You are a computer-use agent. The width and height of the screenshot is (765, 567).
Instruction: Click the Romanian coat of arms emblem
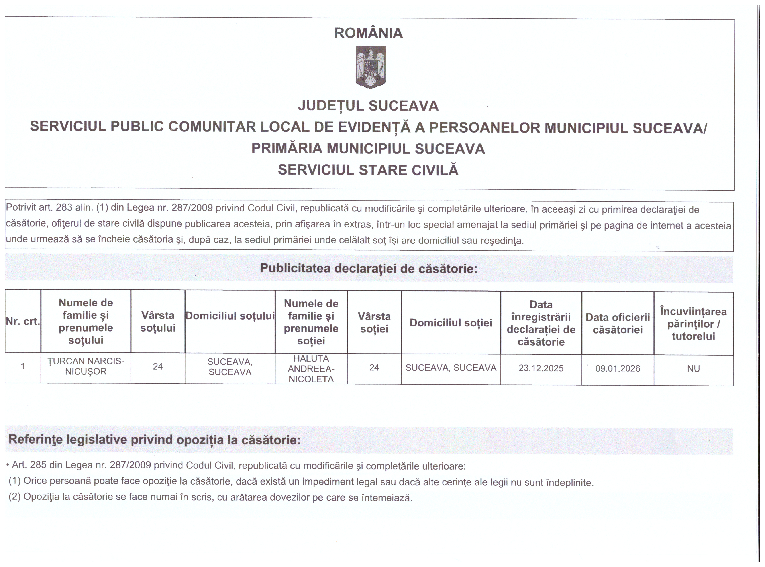pos(370,67)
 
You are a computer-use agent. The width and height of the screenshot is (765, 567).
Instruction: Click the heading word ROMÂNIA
pos(368,33)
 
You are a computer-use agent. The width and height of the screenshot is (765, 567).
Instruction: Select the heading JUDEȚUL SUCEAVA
pos(368,106)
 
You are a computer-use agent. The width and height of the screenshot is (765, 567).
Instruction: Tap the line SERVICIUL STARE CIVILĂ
pos(368,170)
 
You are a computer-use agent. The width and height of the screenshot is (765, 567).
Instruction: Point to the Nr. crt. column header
pos(23,321)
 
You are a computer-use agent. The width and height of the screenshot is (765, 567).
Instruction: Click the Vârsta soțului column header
pos(158,322)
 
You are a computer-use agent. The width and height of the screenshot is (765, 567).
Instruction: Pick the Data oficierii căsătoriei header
pos(618,323)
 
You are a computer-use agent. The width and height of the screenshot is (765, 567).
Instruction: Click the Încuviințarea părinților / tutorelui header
pos(693,324)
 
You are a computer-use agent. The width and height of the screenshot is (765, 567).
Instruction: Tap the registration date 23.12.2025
pos(541,368)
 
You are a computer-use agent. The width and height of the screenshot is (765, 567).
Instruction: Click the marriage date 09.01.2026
pos(618,369)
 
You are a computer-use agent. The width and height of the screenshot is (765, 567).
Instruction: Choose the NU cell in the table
pos(693,369)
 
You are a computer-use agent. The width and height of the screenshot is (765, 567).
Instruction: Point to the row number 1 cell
pos(23,366)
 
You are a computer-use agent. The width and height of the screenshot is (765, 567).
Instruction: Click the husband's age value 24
pos(158,367)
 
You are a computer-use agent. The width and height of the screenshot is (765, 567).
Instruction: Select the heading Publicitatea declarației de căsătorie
pos(368,268)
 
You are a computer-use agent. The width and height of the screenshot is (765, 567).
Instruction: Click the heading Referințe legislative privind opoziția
pos(154,440)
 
